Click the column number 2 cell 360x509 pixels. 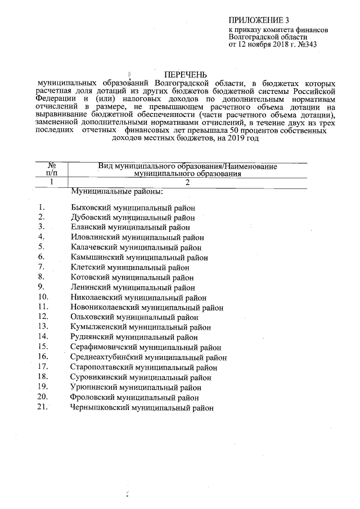pyautogui.click(x=188, y=182)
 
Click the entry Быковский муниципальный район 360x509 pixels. pyautogui.click(x=133, y=208)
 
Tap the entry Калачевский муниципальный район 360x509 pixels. pyautogui.click(x=136, y=247)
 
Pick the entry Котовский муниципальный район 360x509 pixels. pyautogui.click(x=133, y=277)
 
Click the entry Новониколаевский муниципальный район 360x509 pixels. pyautogui.click(x=147, y=307)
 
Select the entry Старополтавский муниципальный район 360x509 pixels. pyautogui.click(x=144, y=367)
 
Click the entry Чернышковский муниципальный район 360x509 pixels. pyautogui.click(x=142, y=408)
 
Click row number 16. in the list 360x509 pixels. pyautogui.click(x=44, y=357)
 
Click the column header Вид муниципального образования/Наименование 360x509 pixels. pyautogui.click(x=188, y=166)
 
